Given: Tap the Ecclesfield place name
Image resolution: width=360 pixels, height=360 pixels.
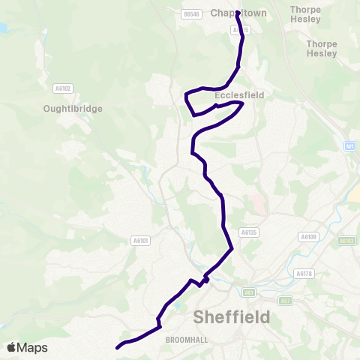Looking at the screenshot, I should point(236,96).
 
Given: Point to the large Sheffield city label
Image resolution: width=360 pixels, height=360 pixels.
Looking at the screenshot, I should point(232,316).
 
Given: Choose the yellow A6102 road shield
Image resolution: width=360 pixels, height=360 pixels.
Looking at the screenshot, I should point(346,241).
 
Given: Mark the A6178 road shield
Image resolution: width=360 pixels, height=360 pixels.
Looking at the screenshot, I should point(303,274).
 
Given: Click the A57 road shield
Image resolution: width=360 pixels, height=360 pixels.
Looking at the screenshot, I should point(285,301).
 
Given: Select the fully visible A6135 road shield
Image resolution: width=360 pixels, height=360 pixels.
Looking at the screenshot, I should point(249,232).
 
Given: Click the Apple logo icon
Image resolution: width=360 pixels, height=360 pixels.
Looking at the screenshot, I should point(13,347).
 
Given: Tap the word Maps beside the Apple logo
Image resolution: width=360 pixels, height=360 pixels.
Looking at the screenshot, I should point(32,347).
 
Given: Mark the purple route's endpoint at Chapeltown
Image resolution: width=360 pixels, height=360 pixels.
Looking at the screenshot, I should point(238,13).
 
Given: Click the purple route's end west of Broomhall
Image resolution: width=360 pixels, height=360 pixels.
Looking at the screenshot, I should point(118,347).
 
